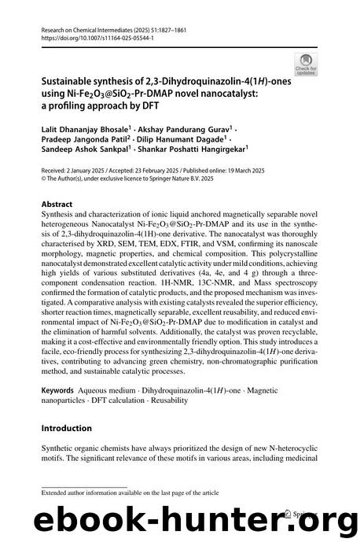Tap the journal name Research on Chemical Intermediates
90,28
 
